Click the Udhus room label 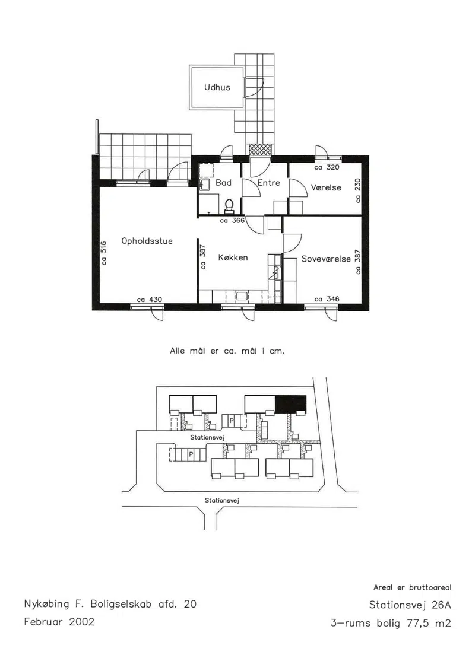(217, 87)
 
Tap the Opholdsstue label (147, 241)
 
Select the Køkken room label (233, 257)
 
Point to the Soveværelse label (326, 259)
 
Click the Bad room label (223, 183)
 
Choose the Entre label (269, 183)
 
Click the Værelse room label (327, 187)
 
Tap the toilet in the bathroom (230, 206)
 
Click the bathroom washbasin (204, 185)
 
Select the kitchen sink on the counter (242, 295)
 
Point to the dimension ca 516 (104, 253)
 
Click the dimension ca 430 (150, 300)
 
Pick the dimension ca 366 (232, 221)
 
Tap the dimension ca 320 (327, 168)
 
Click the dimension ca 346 (327, 299)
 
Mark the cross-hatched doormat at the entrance (261, 150)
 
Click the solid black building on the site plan (292, 403)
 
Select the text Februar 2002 (59, 621)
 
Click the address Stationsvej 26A (410, 605)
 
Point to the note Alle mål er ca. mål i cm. (227, 351)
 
